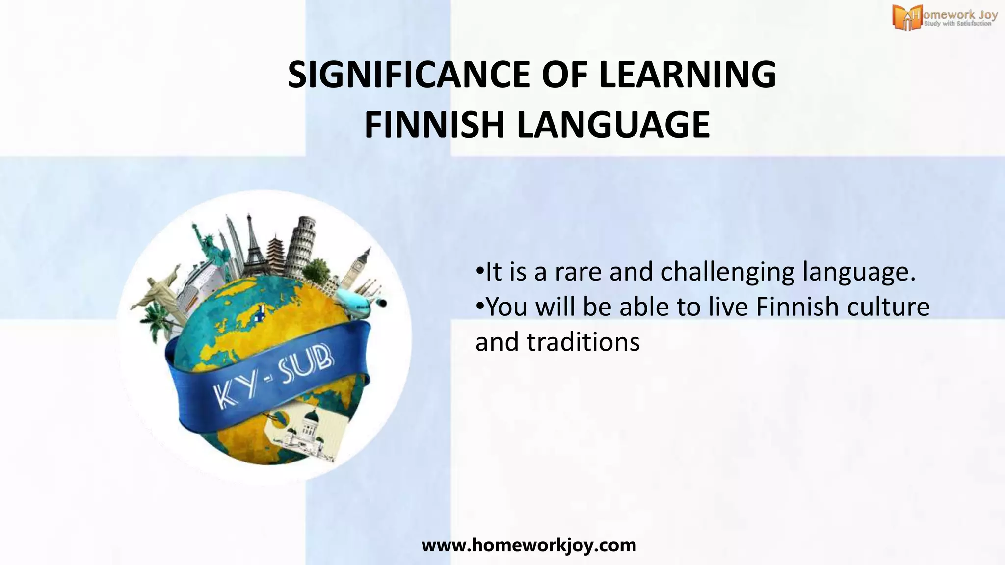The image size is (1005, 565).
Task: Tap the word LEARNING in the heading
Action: [688, 75]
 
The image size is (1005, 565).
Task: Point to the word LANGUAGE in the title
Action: [613, 125]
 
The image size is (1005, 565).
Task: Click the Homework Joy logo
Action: [945, 18]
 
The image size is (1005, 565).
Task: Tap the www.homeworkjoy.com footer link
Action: [529, 545]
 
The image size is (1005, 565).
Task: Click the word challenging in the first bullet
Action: [728, 272]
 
